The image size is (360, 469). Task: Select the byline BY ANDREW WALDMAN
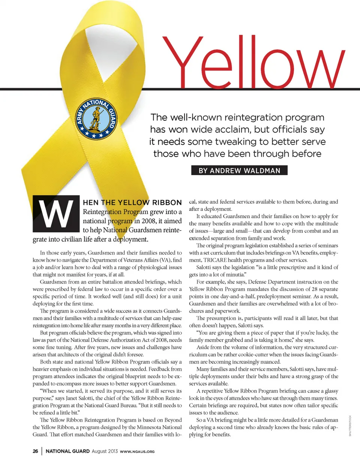coord(239,171)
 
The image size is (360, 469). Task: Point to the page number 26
coord(35,451)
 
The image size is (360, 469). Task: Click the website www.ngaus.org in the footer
coord(137,451)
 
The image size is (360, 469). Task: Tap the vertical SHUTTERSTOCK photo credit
coord(350,426)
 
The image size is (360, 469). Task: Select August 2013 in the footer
coord(105,451)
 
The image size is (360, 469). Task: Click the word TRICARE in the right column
coord(215,260)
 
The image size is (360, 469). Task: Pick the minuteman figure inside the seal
coord(96,118)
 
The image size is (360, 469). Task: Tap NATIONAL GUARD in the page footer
coord(67,451)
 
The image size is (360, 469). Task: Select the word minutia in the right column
coord(234,274)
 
